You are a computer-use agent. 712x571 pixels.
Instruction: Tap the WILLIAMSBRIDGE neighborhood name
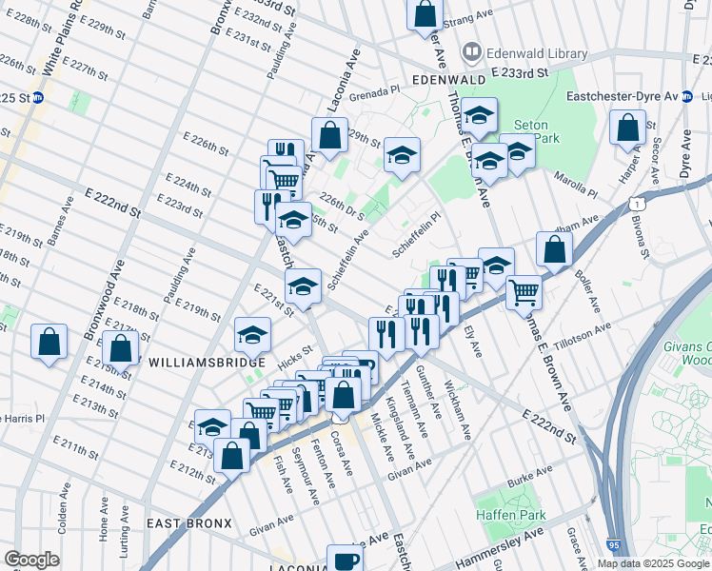pyautogui.click(x=200, y=363)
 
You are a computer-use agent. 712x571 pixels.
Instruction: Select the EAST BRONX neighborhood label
pyautogui.click(x=189, y=523)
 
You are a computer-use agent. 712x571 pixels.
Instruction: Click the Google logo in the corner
pyautogui.click(x=31, y=560)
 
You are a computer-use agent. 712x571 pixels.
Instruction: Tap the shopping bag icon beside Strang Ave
pyautogui.click(x=425, y=15)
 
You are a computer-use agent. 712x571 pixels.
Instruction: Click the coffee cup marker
pyautogui.click(x=346, y=560)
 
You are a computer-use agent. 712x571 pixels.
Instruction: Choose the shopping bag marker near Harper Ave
pyautogui.click(x=628, y=128)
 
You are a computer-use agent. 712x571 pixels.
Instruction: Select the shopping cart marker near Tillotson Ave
pyautogui.click(x=524, y=292)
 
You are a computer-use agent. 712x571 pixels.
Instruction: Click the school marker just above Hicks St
pyautogui.click(x=252, y=334)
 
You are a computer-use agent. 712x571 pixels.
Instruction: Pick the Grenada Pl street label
pyautogui.click(x=374, y=95)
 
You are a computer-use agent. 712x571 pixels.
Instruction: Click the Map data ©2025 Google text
pyautogui.click(x=652, y=563)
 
